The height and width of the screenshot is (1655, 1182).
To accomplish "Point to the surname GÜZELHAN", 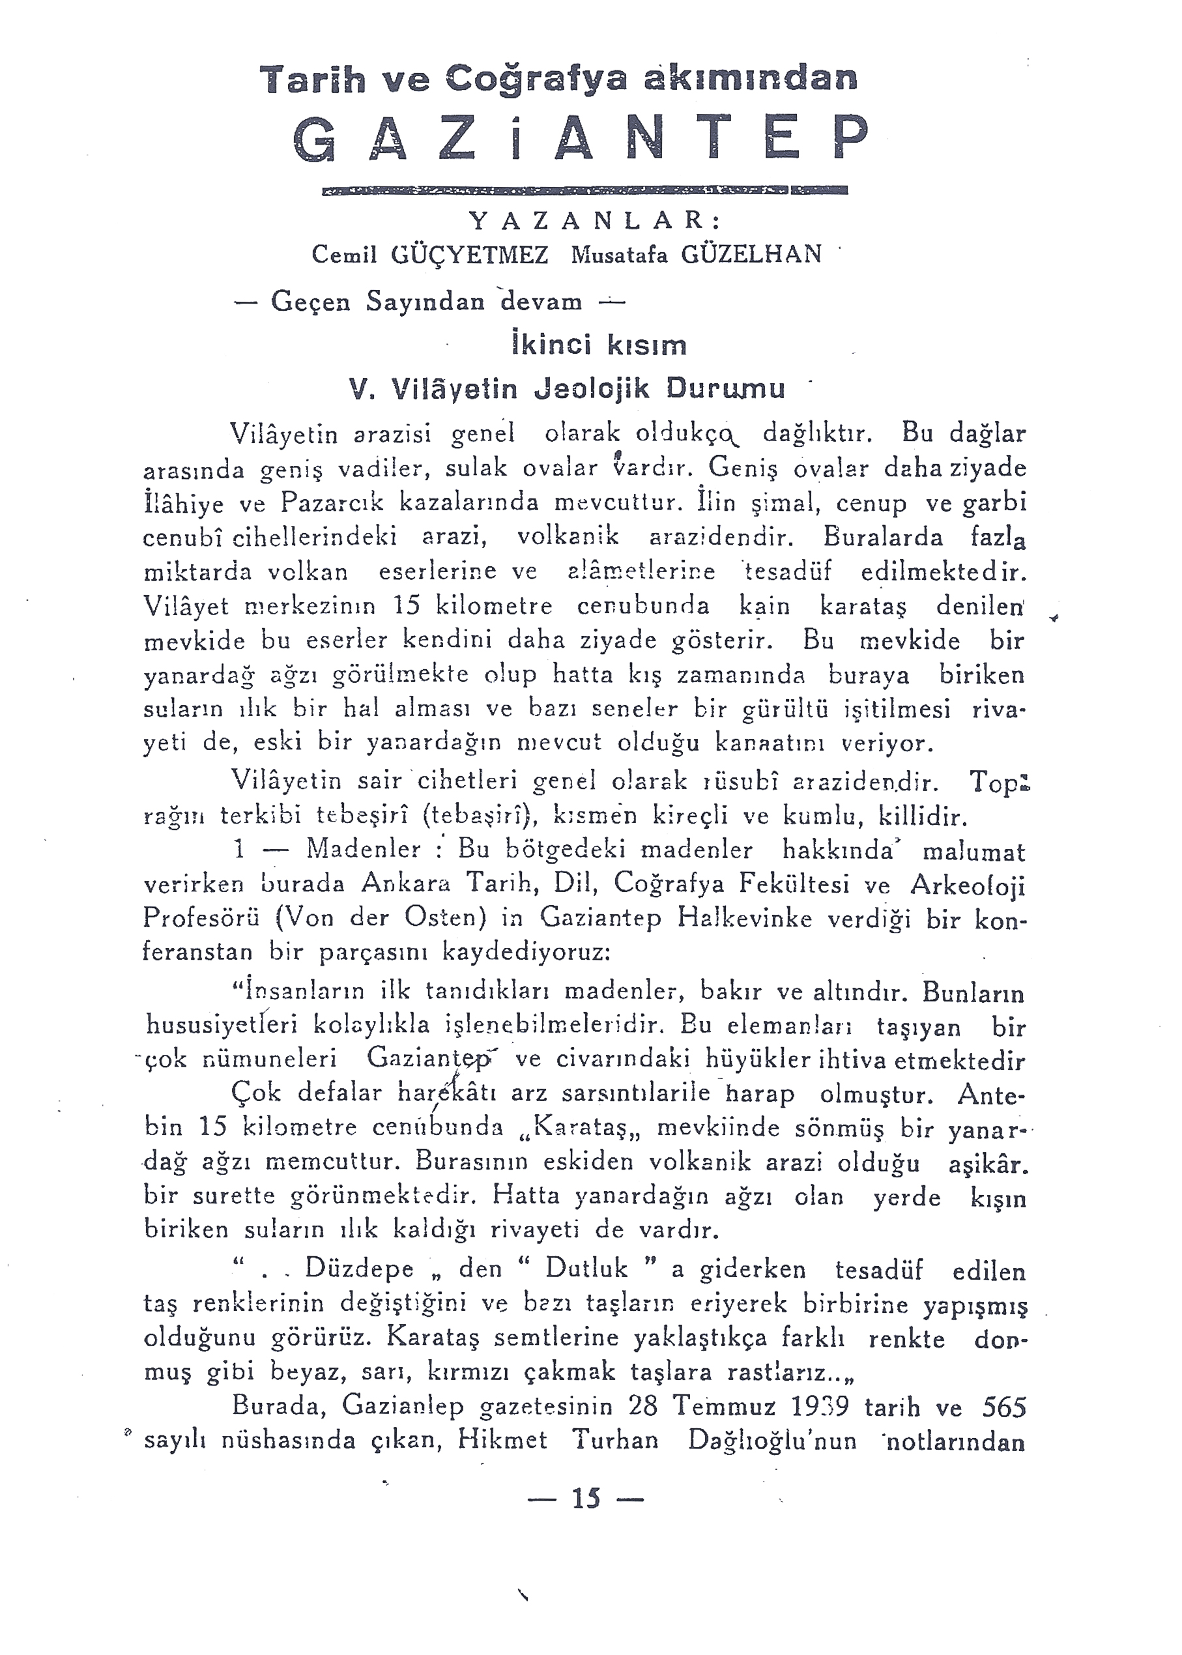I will pos(751,254).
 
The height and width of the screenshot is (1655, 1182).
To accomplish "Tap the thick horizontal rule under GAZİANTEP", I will pos(584,191).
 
